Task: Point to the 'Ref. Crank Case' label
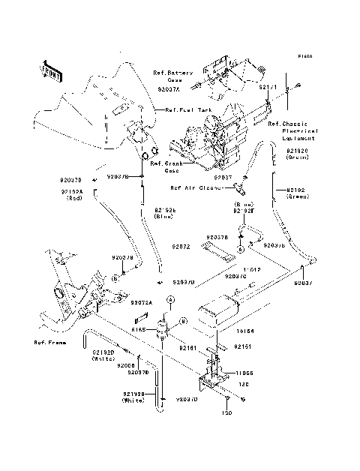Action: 166,166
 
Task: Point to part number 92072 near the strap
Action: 181,246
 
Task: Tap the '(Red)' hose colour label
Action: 74,199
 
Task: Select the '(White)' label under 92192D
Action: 103,359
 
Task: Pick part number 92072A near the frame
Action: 141,303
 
